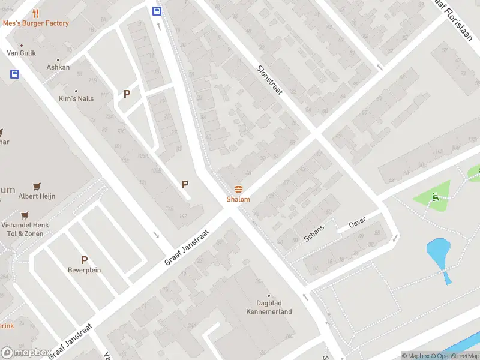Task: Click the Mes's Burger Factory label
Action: (x=36, y=23)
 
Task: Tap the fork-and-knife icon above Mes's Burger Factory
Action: (x=36, y=13)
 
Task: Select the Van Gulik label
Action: (x=21, y=53)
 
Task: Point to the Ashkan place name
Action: (x=58, y=67)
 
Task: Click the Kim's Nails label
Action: (x=76, y=98)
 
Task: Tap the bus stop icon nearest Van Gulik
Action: (x=14, y=74)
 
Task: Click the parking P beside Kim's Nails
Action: (x=127, y=94)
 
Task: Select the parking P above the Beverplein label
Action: (x=84, y=260)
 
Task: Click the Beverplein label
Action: (x=84, y=270)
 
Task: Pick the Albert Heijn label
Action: (x=37, y=196)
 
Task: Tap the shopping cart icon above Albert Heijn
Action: (x=37, y=186)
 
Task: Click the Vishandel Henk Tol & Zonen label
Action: (x=25, y=229)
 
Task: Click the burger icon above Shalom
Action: (x=238, y=189)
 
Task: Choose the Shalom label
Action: (x=238, y=199)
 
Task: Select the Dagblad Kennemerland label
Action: (x=269, y=308)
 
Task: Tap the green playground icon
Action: (x=434, y=196)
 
